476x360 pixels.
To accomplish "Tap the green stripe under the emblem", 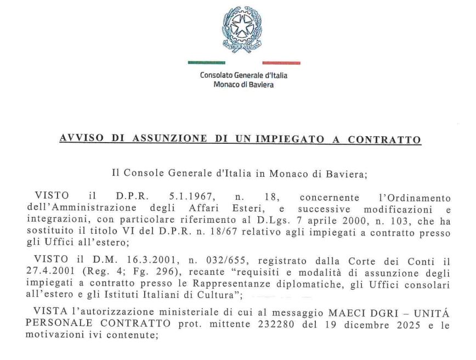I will pyautogui.click(x=206, y=63).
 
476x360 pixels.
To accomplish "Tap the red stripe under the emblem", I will pyautogui.click(x=281, y=63).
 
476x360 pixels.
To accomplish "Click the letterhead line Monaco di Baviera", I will pyautogui.click(x=243, y=85).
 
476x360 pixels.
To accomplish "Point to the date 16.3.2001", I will pyautogui.click(x=122, y=259).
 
